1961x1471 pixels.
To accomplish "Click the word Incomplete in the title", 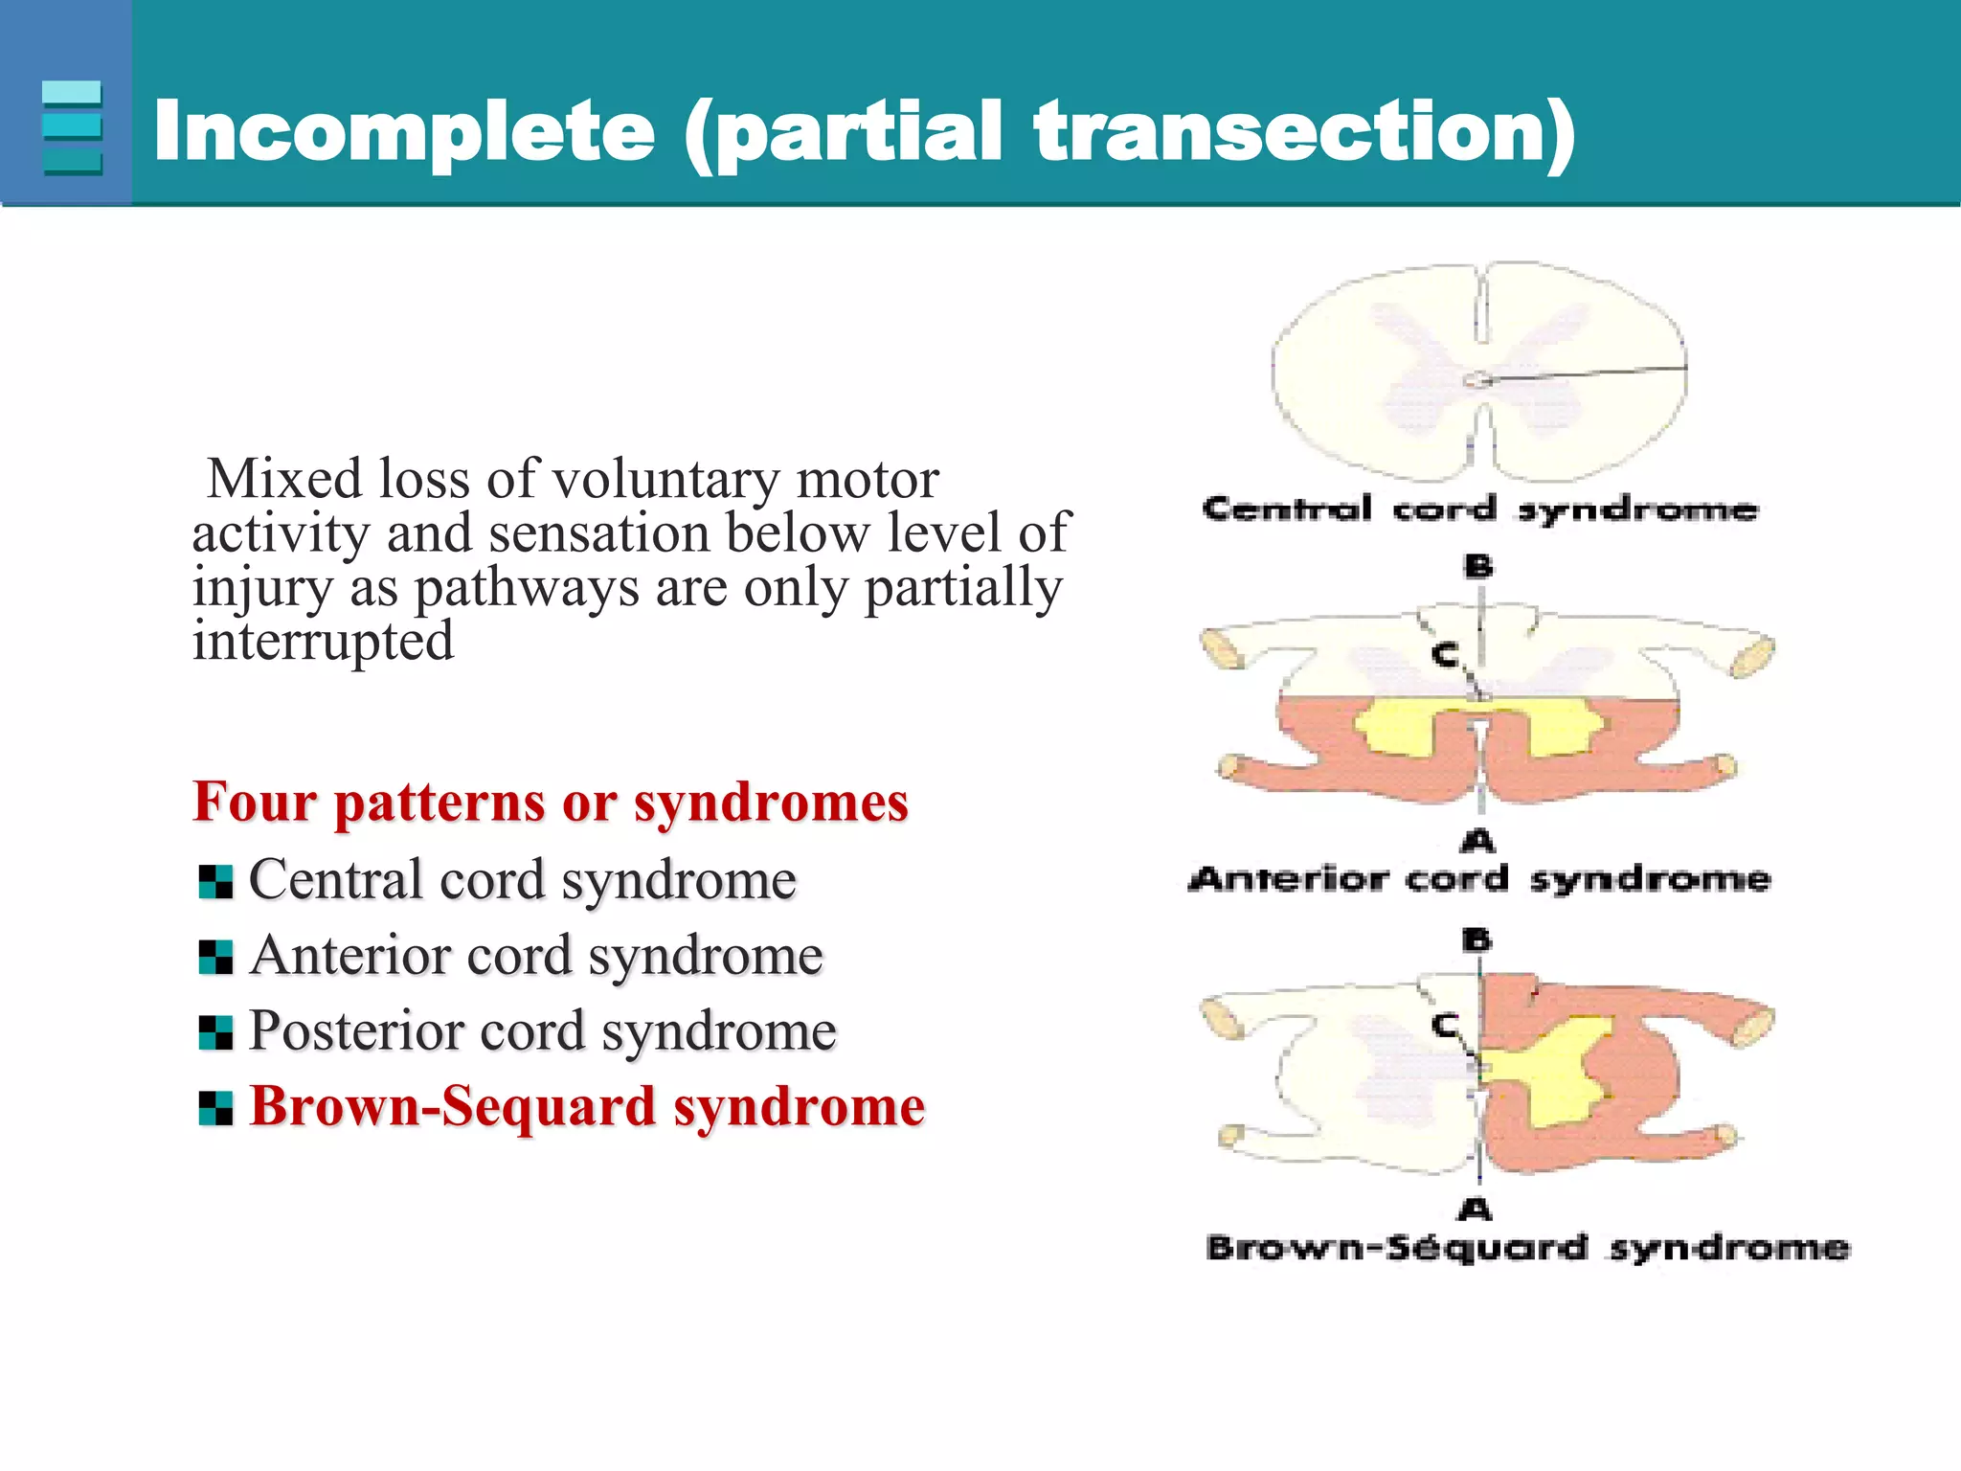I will point(402,131).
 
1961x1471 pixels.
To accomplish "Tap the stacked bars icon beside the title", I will point(72,127).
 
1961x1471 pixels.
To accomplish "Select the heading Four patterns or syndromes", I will point(550,802).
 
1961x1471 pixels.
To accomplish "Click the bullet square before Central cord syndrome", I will point(215,882).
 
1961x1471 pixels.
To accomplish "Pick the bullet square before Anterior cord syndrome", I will point(215,957).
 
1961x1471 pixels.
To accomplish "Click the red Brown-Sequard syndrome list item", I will point(586,1107).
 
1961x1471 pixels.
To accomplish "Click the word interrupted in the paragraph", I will point(323,641).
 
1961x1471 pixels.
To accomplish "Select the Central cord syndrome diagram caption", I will point(1479,509).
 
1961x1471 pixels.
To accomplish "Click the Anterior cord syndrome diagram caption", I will point(1479,878).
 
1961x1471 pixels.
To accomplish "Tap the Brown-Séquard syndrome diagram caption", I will point(1527,1248).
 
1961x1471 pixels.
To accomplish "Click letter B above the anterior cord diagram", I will point(1478,567).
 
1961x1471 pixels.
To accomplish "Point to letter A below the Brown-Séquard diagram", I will point(1476,1210).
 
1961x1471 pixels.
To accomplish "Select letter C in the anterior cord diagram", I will point(1444,656).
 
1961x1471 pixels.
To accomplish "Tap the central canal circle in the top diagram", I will point(1477,380).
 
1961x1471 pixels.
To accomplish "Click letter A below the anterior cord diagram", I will point(1478,842).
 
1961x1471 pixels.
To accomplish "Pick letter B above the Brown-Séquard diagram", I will point(1477,940).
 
